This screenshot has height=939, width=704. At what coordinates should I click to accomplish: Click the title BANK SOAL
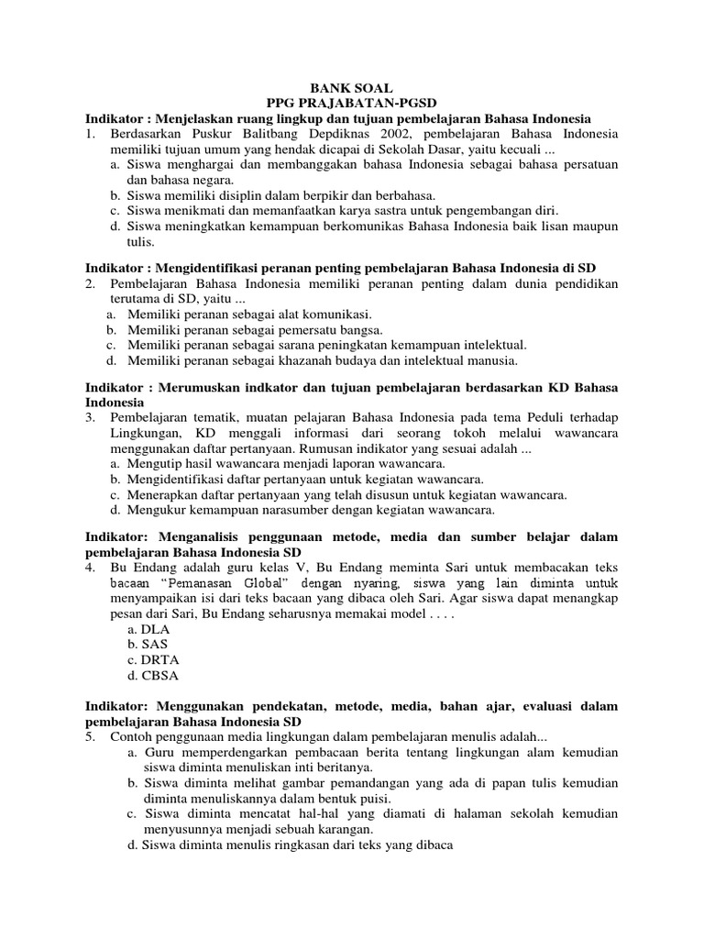(351, 88)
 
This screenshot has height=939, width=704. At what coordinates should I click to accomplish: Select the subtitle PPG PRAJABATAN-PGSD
(351, 104)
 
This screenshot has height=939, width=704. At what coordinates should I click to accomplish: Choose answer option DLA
(157, 629)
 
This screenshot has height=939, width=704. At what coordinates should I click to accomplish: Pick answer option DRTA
(160, 660)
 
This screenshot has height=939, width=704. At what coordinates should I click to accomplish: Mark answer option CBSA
(160, 676)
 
